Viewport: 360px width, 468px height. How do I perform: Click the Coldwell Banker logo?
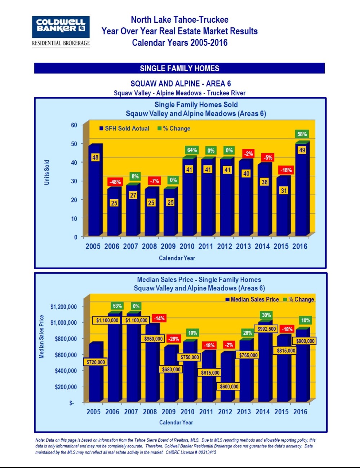[61, 31]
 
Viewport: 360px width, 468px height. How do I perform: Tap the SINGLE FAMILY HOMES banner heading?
[179, 68]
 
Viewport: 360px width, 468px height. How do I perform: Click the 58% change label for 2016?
[302, 134]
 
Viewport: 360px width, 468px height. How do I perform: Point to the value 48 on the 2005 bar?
[95, 157]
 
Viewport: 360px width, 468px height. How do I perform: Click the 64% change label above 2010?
[192, 150]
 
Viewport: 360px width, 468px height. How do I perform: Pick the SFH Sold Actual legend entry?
[124, 129]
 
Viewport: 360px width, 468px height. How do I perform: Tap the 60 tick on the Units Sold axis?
[74, 125]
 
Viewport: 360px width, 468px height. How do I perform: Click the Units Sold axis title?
[47, 173]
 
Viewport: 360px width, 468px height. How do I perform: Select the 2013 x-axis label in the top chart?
[243, 246]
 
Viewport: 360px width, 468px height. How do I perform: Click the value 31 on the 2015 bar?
[284, 191]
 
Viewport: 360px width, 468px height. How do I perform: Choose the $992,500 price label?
[267, 329]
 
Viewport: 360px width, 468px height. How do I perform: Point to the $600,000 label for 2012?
[229, 387]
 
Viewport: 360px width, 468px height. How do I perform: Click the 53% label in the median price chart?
[117, 306]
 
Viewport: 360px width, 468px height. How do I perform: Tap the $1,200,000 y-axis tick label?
[63, 307]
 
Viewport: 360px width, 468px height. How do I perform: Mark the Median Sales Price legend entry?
[252, 299]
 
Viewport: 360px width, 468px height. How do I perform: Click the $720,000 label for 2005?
[96, 362]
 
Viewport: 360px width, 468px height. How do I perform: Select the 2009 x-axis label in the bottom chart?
[169, 412]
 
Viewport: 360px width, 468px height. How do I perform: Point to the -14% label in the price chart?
[159, 318]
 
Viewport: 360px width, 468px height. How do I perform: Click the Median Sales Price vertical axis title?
[42, 337]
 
